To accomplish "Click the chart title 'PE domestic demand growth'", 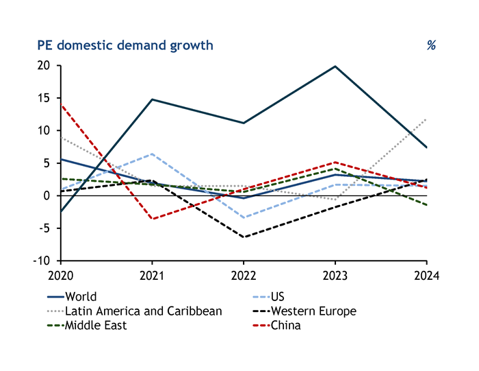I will coord(125,45).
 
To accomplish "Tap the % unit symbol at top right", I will coord(431,45).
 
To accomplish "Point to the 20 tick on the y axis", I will coord(44,66).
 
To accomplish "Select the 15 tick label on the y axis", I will coord(44,98).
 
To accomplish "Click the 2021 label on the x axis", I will coord(151,276).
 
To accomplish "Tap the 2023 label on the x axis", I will coord(335,276).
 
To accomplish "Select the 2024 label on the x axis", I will coord(426,276).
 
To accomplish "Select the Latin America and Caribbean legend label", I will coord(143,311).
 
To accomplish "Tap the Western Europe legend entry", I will coord(313,311).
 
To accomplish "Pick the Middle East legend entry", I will coord(96,326).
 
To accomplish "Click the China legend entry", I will coord(285,326).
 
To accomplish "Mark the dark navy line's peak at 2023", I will coord(335,67).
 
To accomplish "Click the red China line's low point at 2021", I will coord(151,219).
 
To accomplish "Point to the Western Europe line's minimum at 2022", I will coord(243,237).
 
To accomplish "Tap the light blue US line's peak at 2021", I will coord(151,154).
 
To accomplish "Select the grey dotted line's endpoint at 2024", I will coord(426,119).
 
